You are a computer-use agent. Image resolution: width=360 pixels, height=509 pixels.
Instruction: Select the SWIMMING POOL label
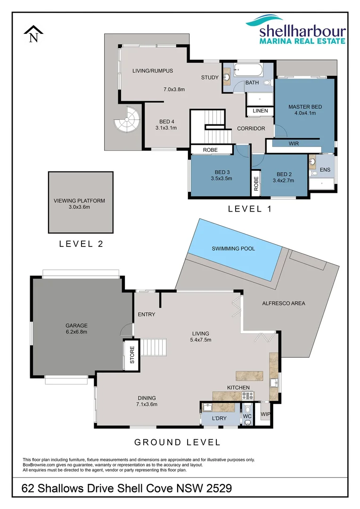click(233, 248)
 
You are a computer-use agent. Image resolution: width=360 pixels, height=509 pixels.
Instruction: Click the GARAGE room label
click(77, 325)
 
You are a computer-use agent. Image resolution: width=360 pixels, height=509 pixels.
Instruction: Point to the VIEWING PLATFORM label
click(79, 200)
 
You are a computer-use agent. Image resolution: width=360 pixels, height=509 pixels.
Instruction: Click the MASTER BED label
click(305, 107)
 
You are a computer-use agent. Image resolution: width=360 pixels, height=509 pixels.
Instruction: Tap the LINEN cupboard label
click(260, 111)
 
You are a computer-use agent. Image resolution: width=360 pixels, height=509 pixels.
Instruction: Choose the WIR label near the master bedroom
click(294, 143)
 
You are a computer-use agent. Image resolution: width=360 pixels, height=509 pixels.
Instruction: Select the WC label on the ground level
click(247, 416)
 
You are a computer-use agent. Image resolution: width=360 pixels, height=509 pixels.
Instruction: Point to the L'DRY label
click(220, 419)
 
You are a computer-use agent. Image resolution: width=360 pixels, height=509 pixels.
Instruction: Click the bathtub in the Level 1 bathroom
click(247, 72)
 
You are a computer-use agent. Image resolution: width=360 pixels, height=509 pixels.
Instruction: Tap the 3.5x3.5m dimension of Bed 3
click(221, 178)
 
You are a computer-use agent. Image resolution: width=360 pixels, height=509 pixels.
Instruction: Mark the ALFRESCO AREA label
click(284, 303)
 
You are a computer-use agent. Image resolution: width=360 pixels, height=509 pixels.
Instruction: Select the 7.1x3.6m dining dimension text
click(147, 404)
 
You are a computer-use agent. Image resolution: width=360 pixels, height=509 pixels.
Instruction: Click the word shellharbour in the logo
click(303, 32)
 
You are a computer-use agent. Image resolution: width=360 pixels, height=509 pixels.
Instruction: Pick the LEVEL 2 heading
click(81, 244)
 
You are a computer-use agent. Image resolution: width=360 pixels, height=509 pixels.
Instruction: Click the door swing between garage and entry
click(127, 330)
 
